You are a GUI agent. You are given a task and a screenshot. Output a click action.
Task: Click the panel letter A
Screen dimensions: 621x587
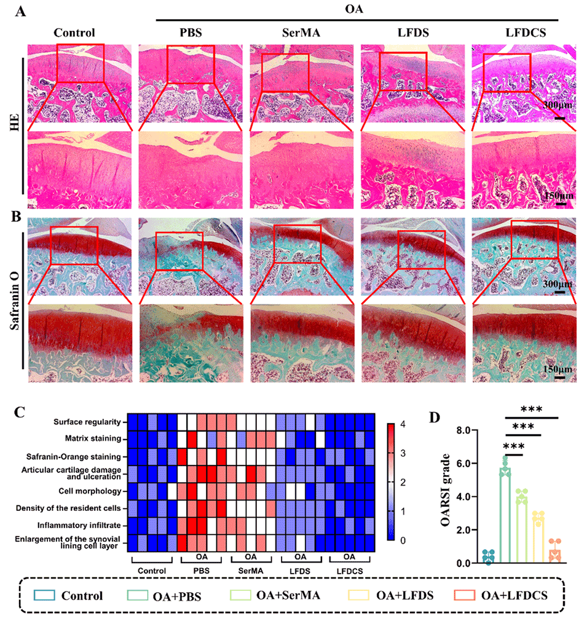(21, 12)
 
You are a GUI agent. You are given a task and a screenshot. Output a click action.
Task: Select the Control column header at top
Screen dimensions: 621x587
(74, 33)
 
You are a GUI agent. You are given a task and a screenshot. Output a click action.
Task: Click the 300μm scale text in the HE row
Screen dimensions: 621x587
(558, 105)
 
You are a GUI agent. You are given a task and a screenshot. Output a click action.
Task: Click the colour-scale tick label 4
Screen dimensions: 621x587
(403, 425)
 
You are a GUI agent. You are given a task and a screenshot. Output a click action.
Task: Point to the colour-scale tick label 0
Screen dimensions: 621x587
(403, 540)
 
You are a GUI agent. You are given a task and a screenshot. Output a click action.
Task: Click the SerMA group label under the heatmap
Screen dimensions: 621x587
(250, 571)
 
